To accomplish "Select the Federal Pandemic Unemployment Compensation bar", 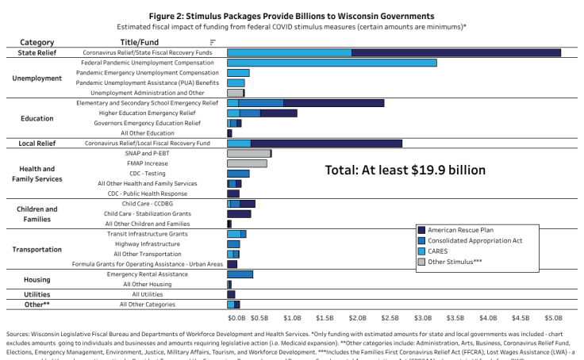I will (x=332, y=62).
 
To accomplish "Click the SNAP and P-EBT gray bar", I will (x=249, y=153).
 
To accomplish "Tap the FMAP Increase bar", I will (x=247, y=163).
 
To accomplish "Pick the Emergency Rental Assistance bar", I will (x=240, y=274).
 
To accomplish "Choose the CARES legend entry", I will (x=439, y=250).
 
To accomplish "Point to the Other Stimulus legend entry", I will (x=456, y=260).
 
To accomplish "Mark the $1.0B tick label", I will (x=292, y=317).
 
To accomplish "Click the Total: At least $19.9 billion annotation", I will (x=405, y=170).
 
